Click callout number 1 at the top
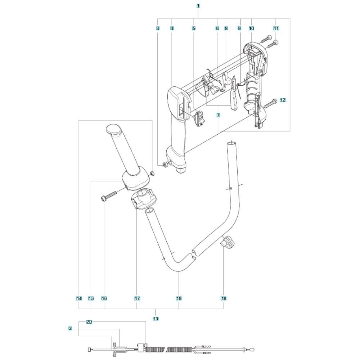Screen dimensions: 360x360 tap(198, 6)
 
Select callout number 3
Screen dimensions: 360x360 tap(158, 28)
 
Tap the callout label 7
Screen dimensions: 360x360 tap(218, 115)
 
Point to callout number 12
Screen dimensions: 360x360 tap(283, 100)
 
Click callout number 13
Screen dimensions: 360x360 tap(156, 319)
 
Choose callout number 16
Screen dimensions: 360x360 tap(104, 298)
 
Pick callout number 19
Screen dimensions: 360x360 tap(224, 298)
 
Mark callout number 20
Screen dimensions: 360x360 tap(89, 322)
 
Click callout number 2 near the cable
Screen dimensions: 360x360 tap(70, 329)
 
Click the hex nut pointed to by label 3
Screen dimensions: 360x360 tap(165, 165)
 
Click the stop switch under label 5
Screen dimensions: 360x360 tap(199, 118)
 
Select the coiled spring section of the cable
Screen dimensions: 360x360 tap(168, 350)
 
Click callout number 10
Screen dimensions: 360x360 tap(251, 28)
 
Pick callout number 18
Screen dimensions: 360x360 tap(179, 298)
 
